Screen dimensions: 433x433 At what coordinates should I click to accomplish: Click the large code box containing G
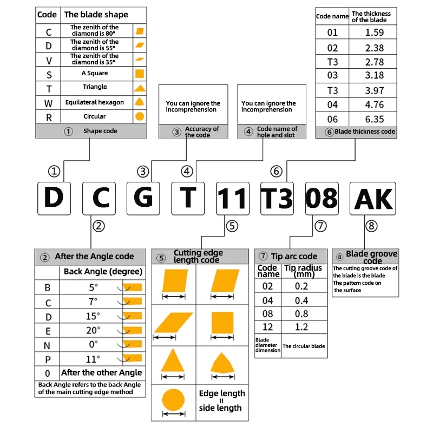coord(143,198)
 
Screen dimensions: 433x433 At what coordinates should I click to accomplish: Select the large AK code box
coord(373,198)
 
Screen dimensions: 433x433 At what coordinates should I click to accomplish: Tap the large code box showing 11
coord(233,198)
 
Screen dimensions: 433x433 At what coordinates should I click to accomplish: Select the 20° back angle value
coord(93,330)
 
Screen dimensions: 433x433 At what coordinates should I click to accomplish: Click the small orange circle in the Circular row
coord(139,116)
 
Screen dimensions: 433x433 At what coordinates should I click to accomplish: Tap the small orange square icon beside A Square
coord(139,74)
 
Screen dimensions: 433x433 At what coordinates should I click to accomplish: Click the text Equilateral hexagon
coord(95,102)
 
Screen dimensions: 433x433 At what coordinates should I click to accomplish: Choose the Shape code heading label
coord(100,132)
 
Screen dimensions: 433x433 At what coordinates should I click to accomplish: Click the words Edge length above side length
coord(222,393)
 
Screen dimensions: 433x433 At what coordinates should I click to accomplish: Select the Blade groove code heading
coord(371,257)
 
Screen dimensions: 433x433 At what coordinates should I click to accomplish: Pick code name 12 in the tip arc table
coord(267,327)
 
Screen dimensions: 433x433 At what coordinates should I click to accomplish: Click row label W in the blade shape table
coord(49,102)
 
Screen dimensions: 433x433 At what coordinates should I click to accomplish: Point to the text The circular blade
coord(304,346)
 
